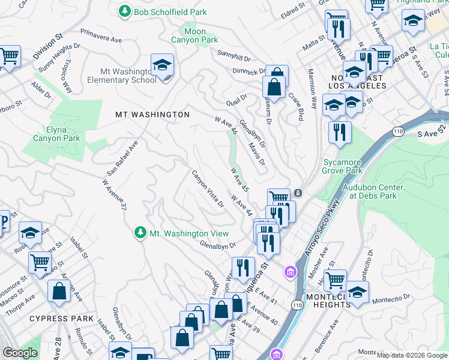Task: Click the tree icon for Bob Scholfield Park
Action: pyautogui.click(x=125, y=11)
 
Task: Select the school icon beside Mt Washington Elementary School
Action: pyautogui.click(x=162, y=65)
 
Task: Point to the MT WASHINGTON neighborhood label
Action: pyautogui.click(x=152, y=114)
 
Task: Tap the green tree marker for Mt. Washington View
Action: pyautogui.click(x=140, y=232)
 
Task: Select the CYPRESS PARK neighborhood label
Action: pyautogui.click(x=61, y=319)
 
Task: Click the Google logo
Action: pyautogui.click(x=20, y=353)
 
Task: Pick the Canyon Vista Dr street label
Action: pyautogui.click(x=208, y=189)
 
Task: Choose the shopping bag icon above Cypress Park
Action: pyautogui.click(x=60, y=292)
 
